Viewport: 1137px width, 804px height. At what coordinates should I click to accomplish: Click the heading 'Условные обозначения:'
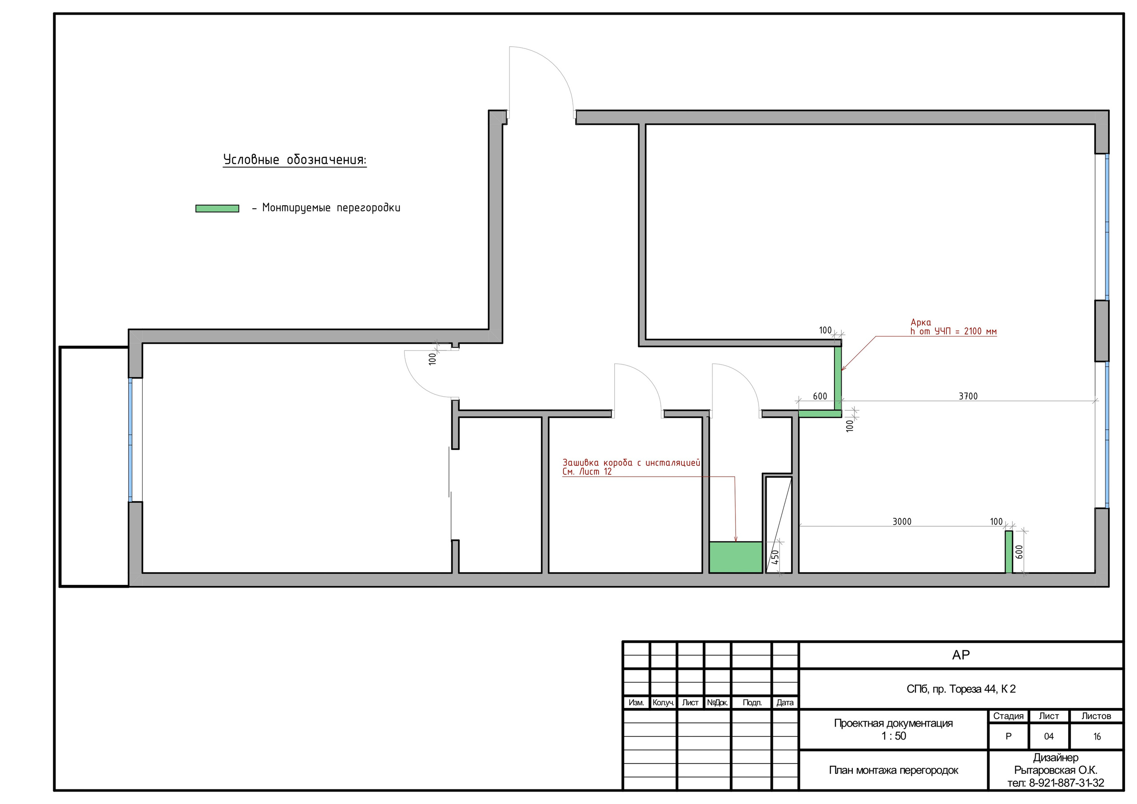tap(294, 159)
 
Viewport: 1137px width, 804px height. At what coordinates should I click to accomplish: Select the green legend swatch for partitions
tap(217, 209)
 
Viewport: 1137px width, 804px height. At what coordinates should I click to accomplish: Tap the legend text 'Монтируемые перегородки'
tap(331, 207)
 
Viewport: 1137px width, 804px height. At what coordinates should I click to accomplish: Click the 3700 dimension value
tap(968, 396)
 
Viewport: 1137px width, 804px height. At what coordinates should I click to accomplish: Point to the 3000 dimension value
tap(902, 521)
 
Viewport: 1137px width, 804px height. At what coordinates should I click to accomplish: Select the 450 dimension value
tap(775, 557)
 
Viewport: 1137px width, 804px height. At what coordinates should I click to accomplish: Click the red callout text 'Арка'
tap(921, 322)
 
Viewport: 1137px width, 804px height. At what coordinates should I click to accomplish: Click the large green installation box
tap(735, 557)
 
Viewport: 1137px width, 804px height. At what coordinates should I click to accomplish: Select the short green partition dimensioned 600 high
tap(1009, 552)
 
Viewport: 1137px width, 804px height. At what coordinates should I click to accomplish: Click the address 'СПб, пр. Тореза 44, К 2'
tap(961, 689)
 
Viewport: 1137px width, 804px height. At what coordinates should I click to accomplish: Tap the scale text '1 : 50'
tap(893, 736)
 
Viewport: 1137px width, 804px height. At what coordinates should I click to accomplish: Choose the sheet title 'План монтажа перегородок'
tap(893, 770)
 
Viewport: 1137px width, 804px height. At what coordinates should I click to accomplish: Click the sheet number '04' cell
tap(1048, 736)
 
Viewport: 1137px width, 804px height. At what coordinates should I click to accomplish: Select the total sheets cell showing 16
tap(1097, 736)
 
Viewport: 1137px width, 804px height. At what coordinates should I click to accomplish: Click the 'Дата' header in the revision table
tap(785, 702)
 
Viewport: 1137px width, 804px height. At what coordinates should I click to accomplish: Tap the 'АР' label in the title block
tap(961, 655)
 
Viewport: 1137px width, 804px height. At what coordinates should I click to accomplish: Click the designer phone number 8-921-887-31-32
tap(1067, 783)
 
